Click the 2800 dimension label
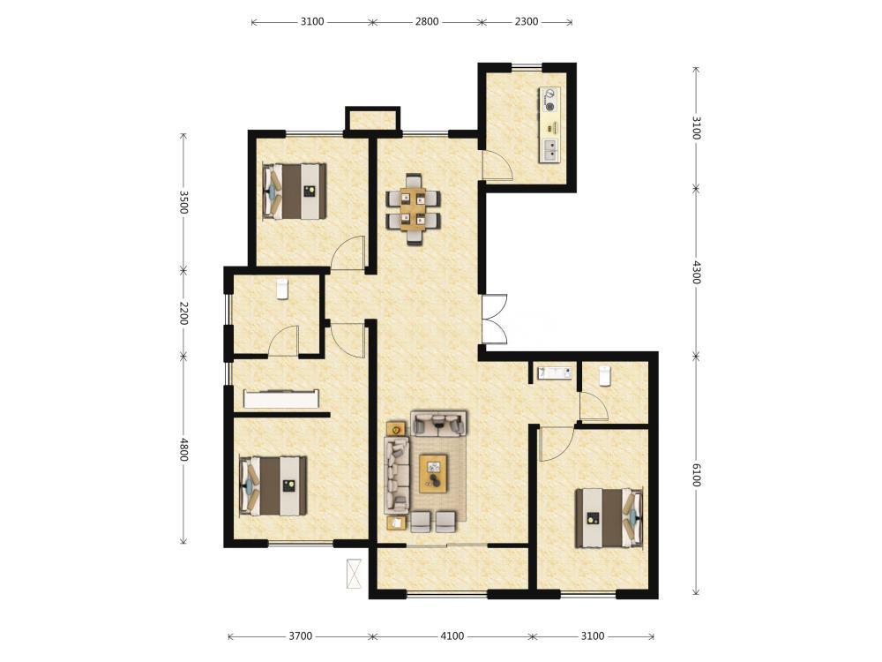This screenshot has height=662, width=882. click(x=427, y=22)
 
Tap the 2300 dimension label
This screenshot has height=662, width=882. click(x=527, y=22)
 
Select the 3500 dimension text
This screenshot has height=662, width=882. click(x=183, y=202)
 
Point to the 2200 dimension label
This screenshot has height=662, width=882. click(x=183, y=313)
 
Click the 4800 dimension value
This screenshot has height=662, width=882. click(x=183, y=449)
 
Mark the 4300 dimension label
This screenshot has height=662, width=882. click(x=696, y=272)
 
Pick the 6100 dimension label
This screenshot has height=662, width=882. click(x=696, y=476)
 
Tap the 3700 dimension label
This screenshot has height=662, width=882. click(x=301, y=636)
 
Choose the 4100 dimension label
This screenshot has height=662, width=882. click(x=452, y=636)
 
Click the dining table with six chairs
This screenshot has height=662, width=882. click(x=413, y=209)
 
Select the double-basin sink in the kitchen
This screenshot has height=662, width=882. click(x=549, y=149)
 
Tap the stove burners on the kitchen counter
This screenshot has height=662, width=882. click(x=549, y=99)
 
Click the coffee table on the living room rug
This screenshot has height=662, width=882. click(x=433, y=473)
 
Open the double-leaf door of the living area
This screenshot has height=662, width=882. click(x=495, y=319)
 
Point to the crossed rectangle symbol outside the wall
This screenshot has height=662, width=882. click(x=354, y=574)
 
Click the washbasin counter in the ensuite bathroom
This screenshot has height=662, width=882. click(x=555, y=372)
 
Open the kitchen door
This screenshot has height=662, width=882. click(x=497, y=166)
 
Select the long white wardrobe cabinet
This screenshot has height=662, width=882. click(x=281, y=399)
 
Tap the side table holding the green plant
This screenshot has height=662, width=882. click(x=397, y=429)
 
